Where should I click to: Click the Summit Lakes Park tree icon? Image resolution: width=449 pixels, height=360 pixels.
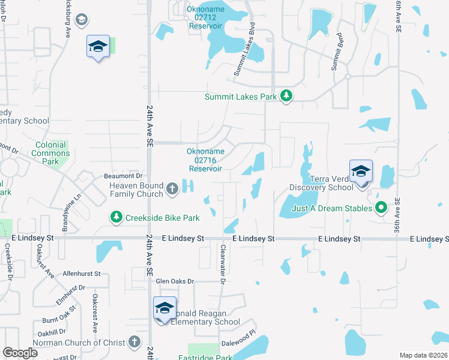click(x=287, y=96)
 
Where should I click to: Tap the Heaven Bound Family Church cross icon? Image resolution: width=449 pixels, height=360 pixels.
click(x=172, y=189)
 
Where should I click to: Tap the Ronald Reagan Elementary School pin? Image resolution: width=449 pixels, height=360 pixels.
click(x=164, y=310)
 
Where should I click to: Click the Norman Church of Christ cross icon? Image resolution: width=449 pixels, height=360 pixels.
click(x=134, y=343)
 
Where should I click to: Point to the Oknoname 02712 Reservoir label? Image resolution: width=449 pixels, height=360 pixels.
click(x=205, y=17)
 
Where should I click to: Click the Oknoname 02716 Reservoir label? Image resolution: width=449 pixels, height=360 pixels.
click(x=205, y=160)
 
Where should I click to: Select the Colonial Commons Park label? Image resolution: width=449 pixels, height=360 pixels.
click(x=50, y=153)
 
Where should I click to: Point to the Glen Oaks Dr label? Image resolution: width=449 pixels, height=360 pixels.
click(x=175, y=281)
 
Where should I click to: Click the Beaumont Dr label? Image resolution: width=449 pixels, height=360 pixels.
click(x=125, y=175)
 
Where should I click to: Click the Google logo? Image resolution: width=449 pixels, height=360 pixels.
click(x=20, y=352)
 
